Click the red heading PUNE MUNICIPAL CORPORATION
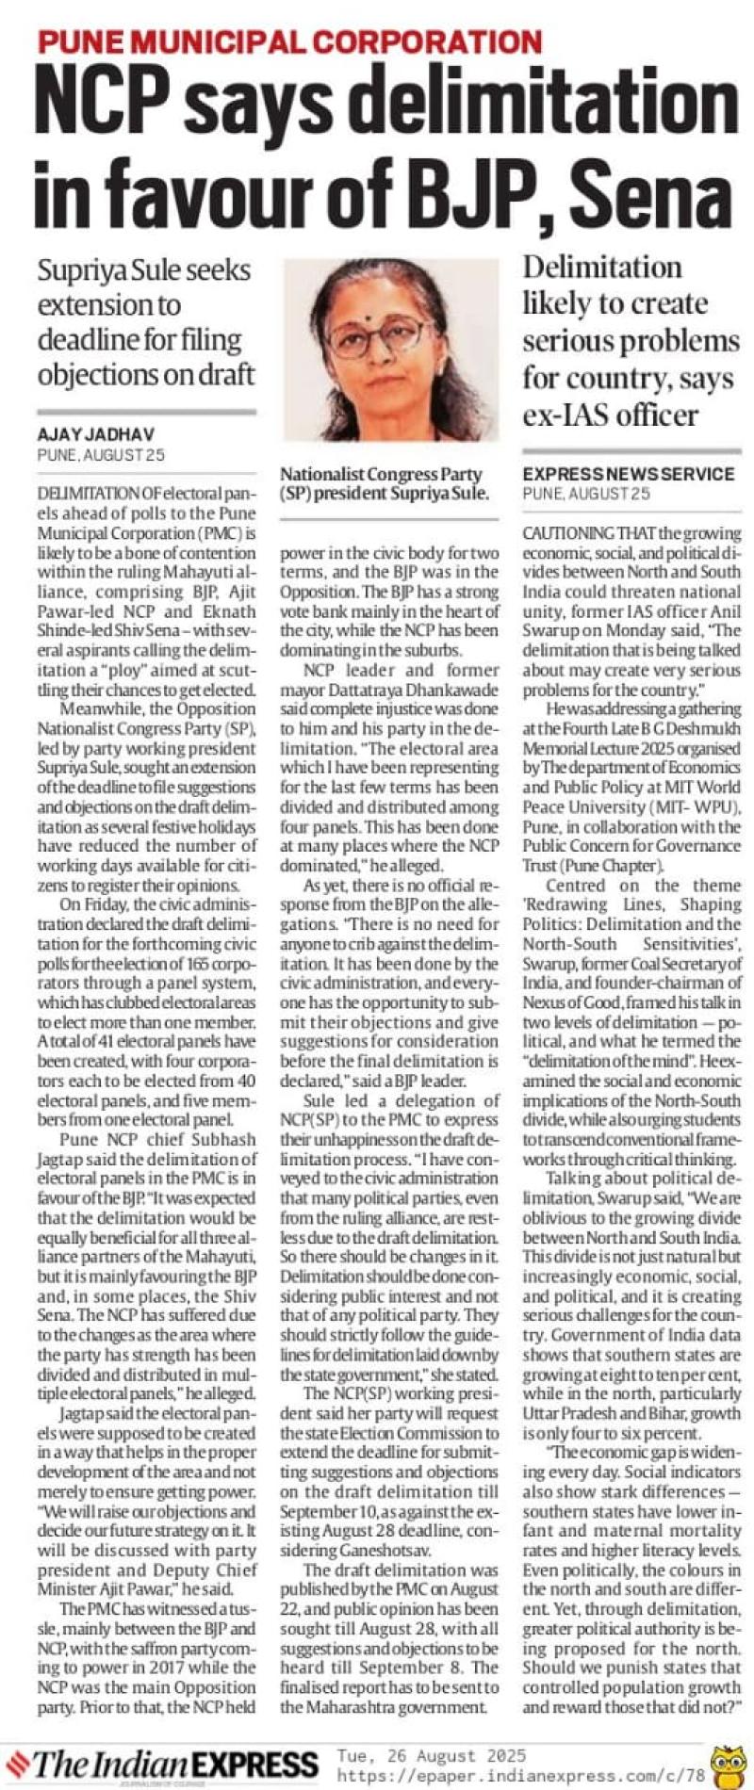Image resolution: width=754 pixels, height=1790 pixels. pos(289,41)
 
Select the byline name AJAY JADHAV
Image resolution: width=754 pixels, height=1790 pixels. pos(96,434)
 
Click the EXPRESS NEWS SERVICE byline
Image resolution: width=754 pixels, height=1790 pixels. pos(628,473)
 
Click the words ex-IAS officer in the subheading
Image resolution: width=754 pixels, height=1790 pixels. pos(611,415)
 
